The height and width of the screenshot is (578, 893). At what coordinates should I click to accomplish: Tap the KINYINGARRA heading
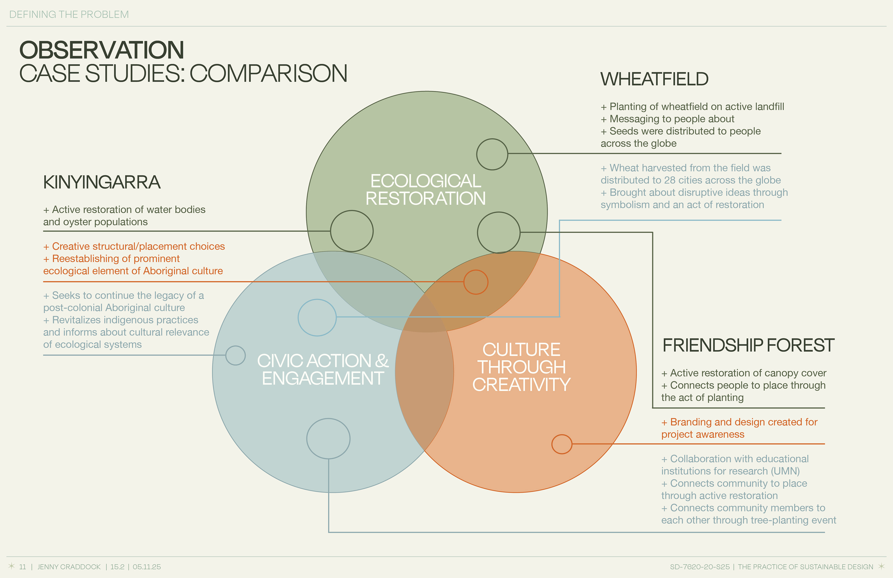[x=102, y=182]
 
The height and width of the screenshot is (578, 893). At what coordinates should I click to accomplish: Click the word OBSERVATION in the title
[x=102, y=50]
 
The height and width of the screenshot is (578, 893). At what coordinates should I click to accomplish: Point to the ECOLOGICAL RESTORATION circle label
[x=426, y=190]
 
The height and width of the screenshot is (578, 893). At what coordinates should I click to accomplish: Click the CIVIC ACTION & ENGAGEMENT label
[x=323, y=369]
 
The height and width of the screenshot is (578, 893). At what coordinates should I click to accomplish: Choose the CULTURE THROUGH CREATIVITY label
[x=521, y=367]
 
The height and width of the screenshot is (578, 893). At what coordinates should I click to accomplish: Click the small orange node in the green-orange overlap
[x=476, y=282]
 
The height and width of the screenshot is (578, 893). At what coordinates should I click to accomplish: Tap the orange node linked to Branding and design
[x=562, y=444]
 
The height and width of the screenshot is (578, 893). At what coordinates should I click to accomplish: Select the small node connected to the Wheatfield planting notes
[x=492, y=154]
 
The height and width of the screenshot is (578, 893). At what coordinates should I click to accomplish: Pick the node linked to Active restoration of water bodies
[x=352, y=231]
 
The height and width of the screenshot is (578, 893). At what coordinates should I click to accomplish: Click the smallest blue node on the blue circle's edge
[x=235, y=355]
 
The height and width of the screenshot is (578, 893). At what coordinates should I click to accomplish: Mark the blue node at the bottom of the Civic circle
[x=328, y=438]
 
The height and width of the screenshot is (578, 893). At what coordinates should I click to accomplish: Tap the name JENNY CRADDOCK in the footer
[x=69, y=567]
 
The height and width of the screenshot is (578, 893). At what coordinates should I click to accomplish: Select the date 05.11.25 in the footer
[x=147, y=567]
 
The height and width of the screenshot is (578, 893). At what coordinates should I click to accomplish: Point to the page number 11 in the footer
[x=23, y=567]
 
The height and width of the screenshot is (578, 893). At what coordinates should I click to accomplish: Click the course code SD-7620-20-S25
[x=700, y=567]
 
